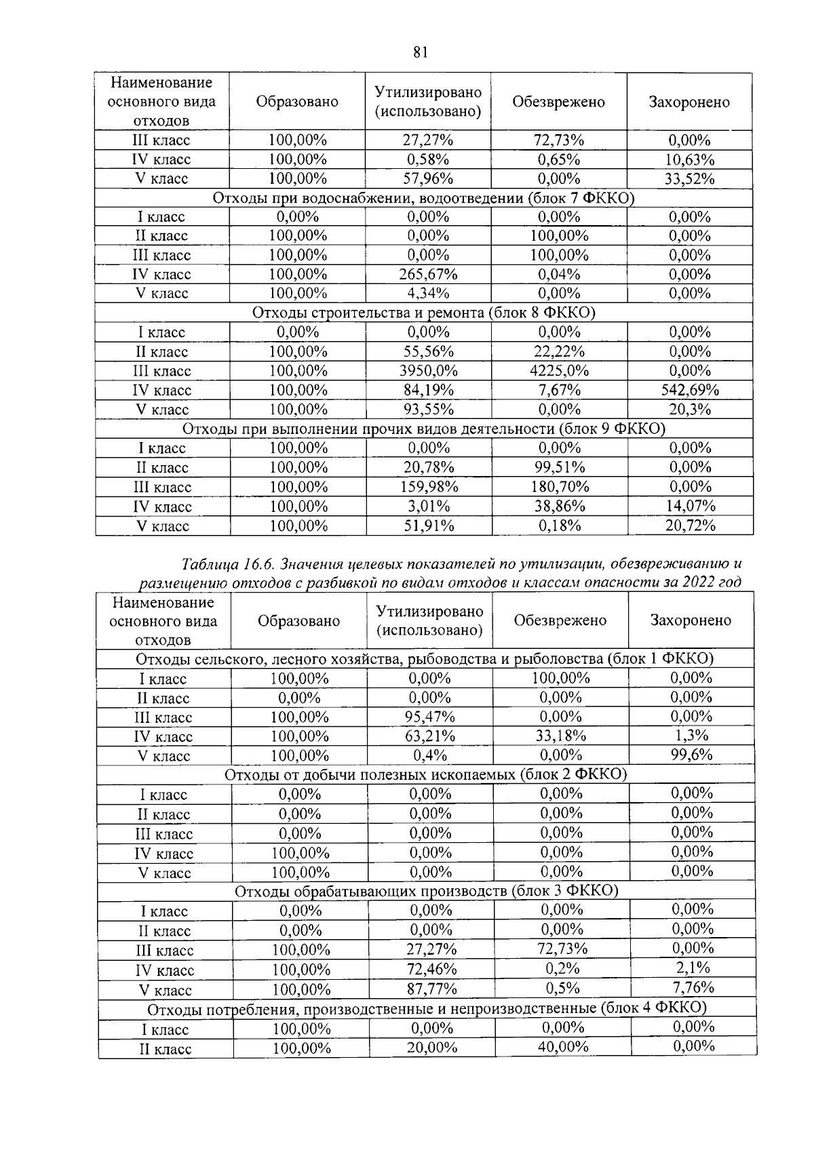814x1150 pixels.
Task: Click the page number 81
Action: point(419,53)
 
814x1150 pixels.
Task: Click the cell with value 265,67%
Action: point(428,275)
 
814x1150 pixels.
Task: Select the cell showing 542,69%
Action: point(689,391)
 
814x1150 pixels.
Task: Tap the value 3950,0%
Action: point(428,371)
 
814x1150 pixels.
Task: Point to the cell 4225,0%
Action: point(559,371)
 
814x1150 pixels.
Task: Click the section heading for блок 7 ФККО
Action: point(423,198)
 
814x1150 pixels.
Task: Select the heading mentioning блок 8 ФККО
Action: point(423,313)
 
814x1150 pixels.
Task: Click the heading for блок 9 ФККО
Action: point(423,429)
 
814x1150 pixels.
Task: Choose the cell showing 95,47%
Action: point(430,717)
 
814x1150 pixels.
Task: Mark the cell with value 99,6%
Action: point(691,755)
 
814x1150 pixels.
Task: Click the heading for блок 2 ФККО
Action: point(425,774)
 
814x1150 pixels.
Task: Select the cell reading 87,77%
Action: point(431,989)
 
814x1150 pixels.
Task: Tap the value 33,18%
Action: point(560,736)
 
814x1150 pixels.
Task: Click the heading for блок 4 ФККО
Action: point(427,1008)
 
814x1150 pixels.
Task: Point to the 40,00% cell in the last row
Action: point(562,1048)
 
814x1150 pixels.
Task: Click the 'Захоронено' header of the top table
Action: point(689,102)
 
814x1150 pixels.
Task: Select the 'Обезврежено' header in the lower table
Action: point(560,620)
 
